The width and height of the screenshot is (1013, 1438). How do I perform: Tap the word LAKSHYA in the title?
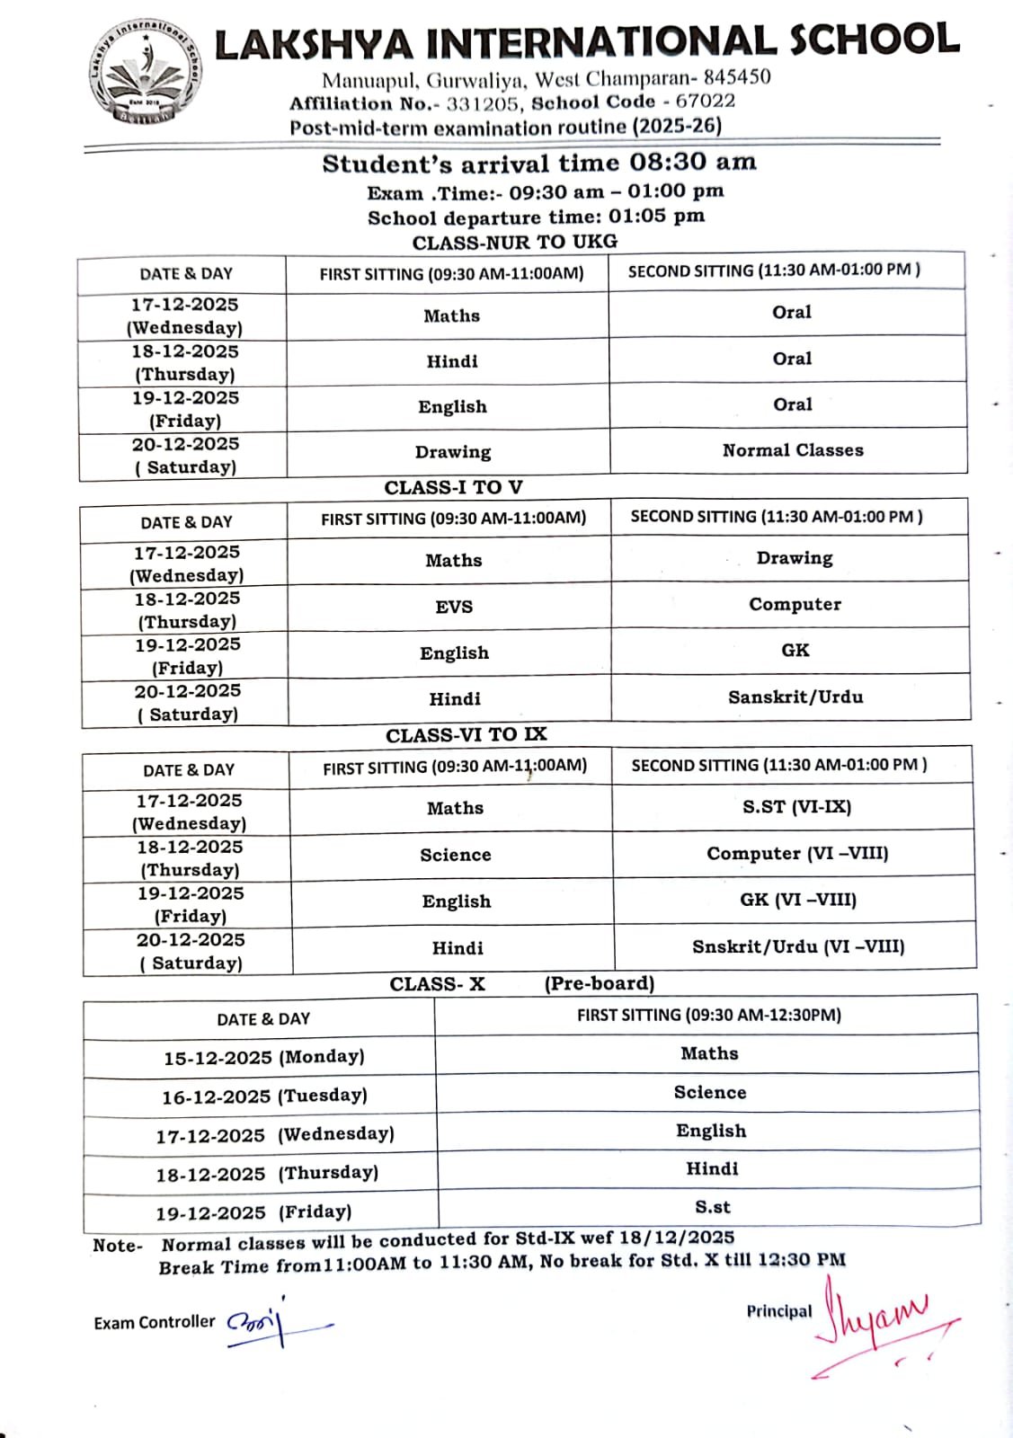314,45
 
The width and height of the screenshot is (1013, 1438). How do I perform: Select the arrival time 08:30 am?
692,163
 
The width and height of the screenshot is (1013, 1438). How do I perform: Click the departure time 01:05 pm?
656,217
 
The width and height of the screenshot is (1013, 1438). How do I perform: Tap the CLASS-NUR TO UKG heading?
514,242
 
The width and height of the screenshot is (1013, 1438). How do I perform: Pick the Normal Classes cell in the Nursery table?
792,450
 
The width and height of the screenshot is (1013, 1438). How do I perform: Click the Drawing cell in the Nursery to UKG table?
453,452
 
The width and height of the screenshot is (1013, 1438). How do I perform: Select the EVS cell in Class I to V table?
454,607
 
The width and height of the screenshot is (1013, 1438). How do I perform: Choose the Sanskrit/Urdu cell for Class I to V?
795,697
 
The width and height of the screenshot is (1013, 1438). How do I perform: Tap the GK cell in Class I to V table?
795,650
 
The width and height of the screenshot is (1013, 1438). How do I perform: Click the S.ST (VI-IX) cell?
796,807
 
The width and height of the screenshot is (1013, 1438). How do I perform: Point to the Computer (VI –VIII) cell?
797,854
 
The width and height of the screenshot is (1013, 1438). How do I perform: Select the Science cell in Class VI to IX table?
456,855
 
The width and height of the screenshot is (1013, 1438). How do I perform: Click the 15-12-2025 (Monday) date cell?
263,1058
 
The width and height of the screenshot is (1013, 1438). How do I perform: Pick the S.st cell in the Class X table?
712,1207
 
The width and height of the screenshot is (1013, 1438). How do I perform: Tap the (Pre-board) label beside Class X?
599,983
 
